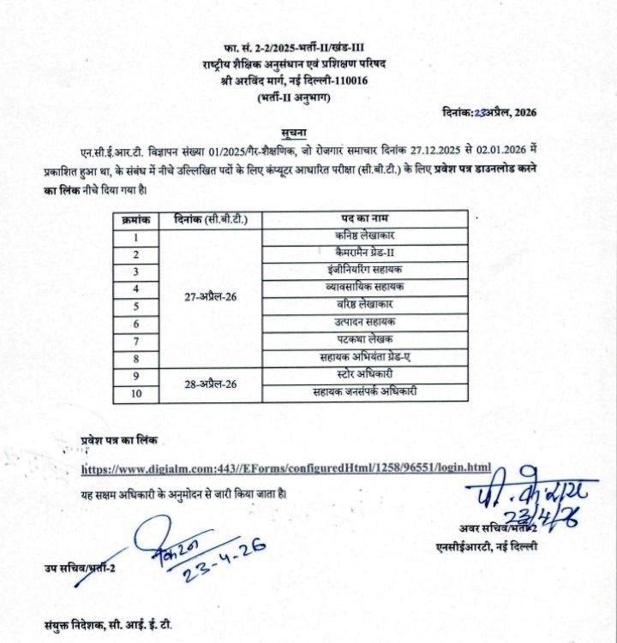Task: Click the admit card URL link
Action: click(x=286, y=467)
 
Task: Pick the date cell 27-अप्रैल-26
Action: click(x=211, y=296)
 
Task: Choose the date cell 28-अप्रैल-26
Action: click(x=211, y=384)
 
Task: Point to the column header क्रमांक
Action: click(x=136, y=218)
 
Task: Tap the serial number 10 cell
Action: click(x=136, y=392)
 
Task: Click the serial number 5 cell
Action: click(x=136, y=306)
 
